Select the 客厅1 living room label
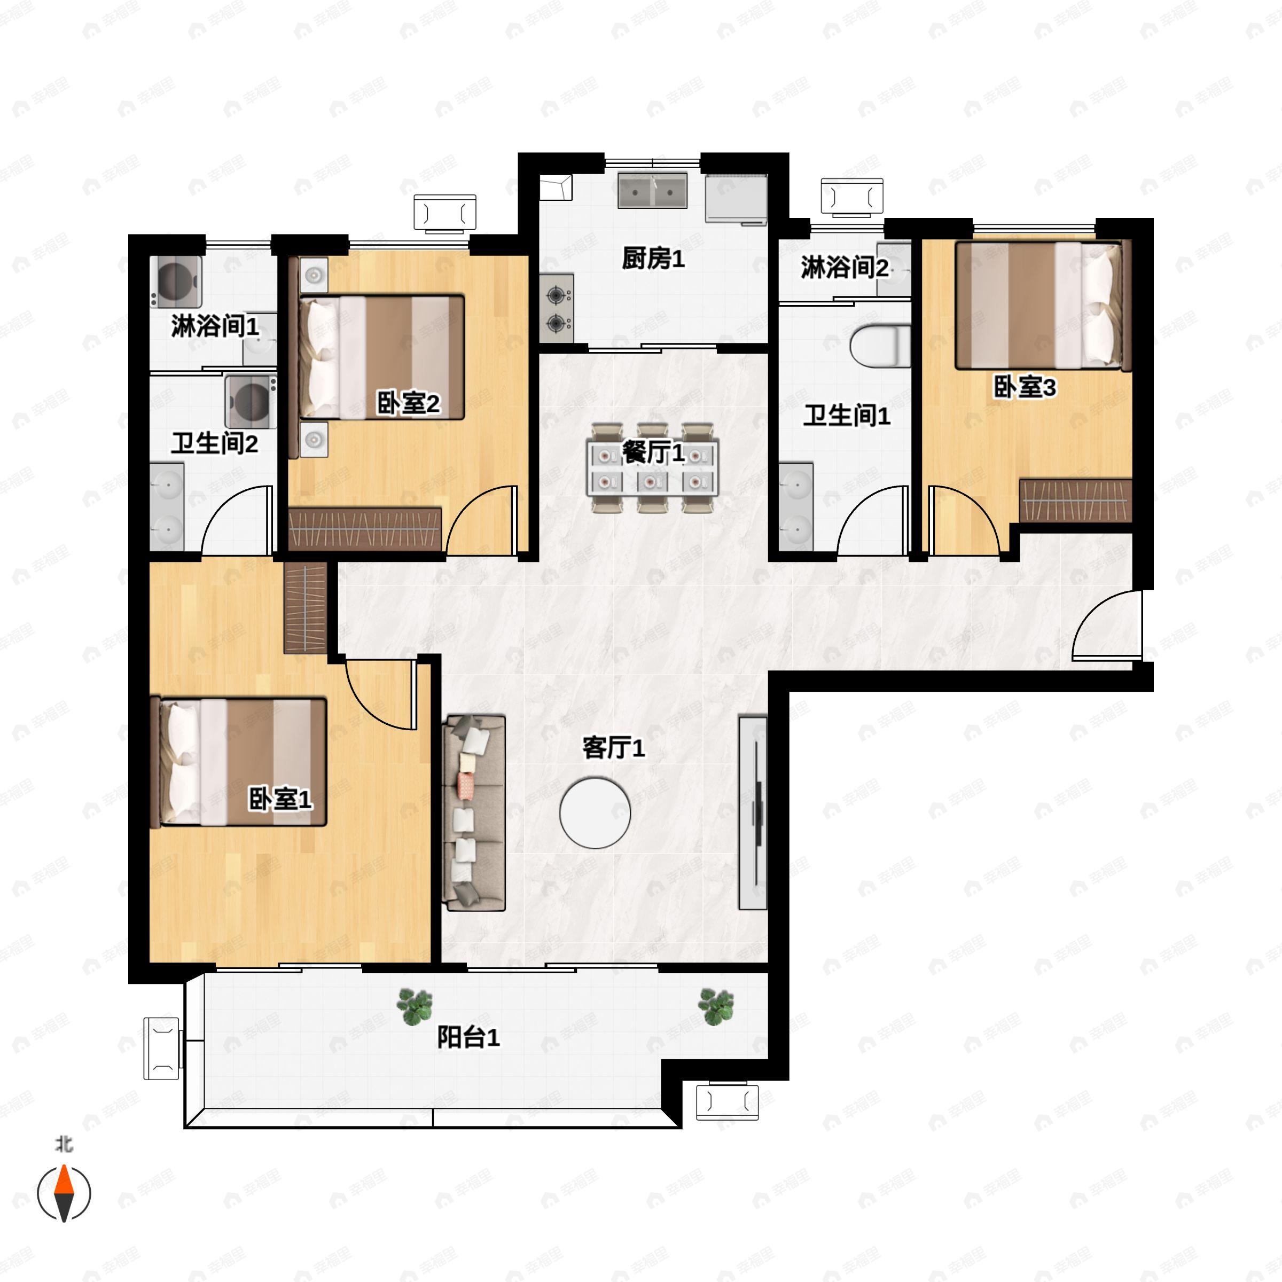[x=613, y=748]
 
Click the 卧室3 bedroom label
[x=1024, y=387]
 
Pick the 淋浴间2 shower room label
[x=844, y=268]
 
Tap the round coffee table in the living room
[x=595, y=813]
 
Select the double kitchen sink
[x=652, y=191]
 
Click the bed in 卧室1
[x=239, y=762]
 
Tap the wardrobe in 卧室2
[x=365, y=529]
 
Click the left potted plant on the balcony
[x=415, y=1006]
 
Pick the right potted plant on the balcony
[x=716, y=1006]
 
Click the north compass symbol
[x=64, y=1192]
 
